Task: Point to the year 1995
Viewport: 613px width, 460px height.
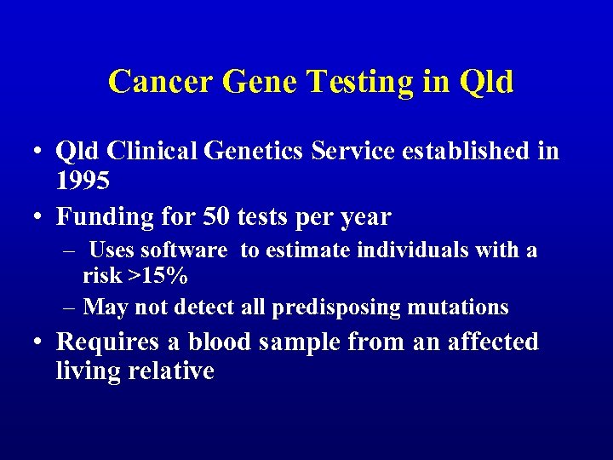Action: tap(83, 180)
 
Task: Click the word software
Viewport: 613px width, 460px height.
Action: tap(183, 250)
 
